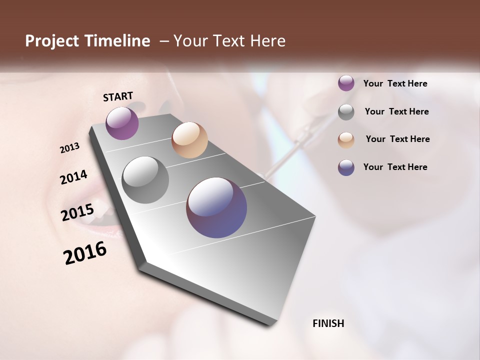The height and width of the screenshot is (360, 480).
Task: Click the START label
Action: pyautogui.click(x=118, y=96)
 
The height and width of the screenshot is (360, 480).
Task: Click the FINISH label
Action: pyautogui.click(x=328, y=323)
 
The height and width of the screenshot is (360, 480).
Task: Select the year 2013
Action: pyautogui.click(x=69, y=148)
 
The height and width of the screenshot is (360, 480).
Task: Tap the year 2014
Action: pyautogui.click(x=73, y=177)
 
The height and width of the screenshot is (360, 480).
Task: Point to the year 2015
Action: pyautogui.click(x=77, y=212)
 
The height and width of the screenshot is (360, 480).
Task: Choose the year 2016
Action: pyautogui.click(x=85, y=253)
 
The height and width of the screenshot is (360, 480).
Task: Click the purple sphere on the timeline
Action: pyautogui.click(x=122, y=123)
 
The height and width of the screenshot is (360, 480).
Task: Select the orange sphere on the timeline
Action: pyautogui.click(x=189, y=140)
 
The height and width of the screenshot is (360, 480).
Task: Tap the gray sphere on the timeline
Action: pyautogui.click(x=145, y=180)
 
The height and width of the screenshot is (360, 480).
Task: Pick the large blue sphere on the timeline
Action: pyautogui.click(x=216, y=207)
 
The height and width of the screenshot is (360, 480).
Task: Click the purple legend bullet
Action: pyautogui.click(x=346, y=83)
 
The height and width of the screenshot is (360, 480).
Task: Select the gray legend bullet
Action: pyautogui.click(x=346, y=112)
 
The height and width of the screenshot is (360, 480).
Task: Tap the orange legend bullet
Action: pyautogui.click(x=346, y=140)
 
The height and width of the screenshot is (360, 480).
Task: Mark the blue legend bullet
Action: pyautogui.click(x=346, y=167)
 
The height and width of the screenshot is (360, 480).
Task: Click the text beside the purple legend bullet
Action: pyautogui.click(x=395, y=83)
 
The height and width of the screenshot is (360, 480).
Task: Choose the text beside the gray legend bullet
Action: pyautogui.click(x=396, y=111)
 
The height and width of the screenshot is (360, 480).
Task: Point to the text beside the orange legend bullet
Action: pyautogui.click(x=397, y=139)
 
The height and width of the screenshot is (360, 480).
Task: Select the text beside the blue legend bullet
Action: pyautogui.click(x=395, y=167)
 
